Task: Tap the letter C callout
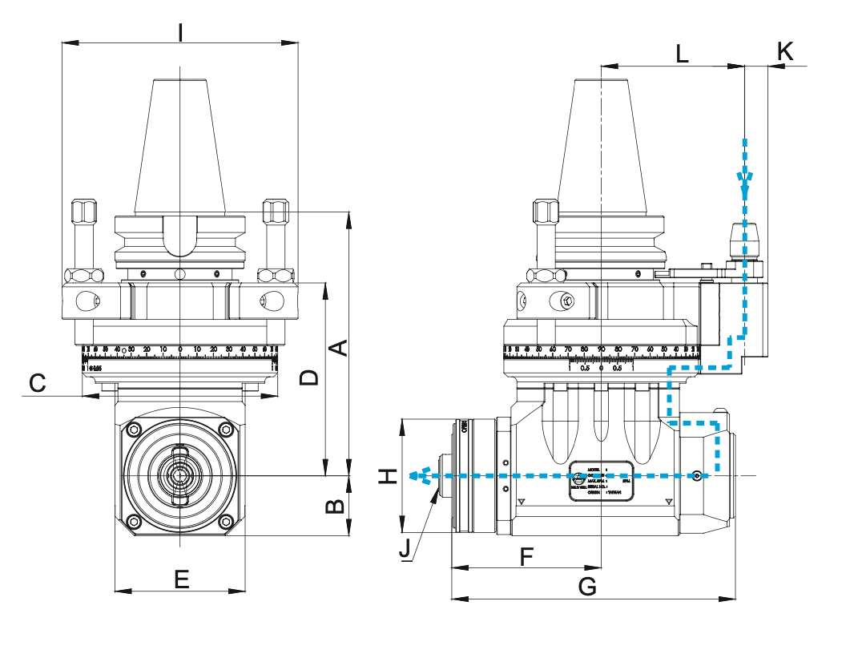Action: click(x=37, y=384)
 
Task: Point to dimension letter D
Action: click(x=309, y=377)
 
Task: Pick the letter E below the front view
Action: click(x=182, y=579)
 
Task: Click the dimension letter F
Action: click(x=526, y=556)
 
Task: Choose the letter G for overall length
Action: click(x=587, y=587)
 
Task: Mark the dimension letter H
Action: click(x=388, y=476)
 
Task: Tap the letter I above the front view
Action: click(x=181, y=33)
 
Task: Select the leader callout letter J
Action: click(x=405, y=549)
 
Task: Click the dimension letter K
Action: click(x=785, y=51)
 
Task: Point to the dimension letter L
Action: click(x=682, y=54)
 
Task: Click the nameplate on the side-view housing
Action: click(x=602, y=481)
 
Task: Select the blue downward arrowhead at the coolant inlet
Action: click(x=746, y=186)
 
